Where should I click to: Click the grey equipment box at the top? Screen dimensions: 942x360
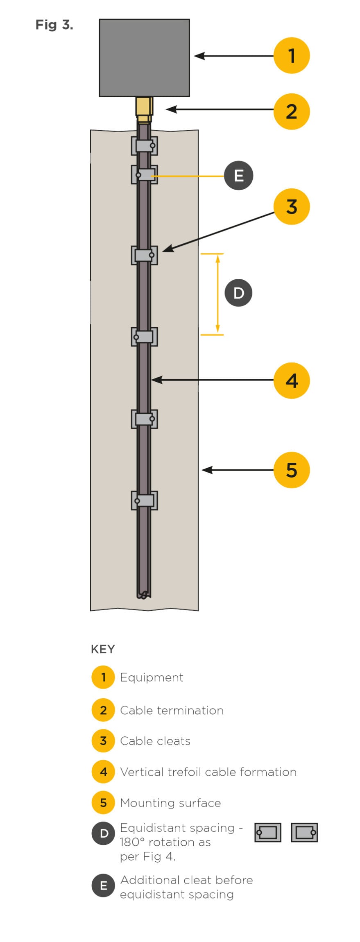pyautogui.click(x=144, y=58)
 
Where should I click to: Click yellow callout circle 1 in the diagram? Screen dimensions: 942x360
pyautogui.click(x=291, y=56)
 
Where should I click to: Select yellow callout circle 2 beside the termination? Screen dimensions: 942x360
pyautogui.click(x=291, y=112)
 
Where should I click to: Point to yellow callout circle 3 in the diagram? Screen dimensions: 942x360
pyautogui.click(x=291, y=207)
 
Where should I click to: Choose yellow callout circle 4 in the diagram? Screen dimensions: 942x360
pyautogui.click(x=291, y=380)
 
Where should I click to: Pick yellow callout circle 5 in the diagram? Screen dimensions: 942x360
pyautogui.click(x=291, y=470)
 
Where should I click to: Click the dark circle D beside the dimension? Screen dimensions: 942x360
pyautogui.click(x=238, y=293)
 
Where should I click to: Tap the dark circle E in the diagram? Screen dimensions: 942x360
pyautogui.click(x=238, y=176)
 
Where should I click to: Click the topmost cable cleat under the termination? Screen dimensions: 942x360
pyautogui.click(x=144, y=146)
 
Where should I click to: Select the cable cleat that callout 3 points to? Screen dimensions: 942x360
pyautogui.click(x=144, y=255)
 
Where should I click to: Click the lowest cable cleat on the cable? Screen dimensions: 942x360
pyautogui.click(x=144, y=500)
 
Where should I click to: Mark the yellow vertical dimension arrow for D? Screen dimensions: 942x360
pyautogui.click(x=217, y=294)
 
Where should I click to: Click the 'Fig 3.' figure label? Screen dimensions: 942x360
pyautogui.click(x=54, y=25)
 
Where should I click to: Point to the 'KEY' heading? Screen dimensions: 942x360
pyautogui.click(x=103, y=649)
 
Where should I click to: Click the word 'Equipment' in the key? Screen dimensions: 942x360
pyautogui.click(x=152, y=677)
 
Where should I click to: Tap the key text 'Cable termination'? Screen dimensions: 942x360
pyautogui.click(x=172, y=710)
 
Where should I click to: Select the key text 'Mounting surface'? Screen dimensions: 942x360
pyautogui.click(x=170, y=803)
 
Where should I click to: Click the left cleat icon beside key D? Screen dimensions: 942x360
pyautogui.click(x=268, y=832)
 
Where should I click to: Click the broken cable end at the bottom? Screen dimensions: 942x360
pyautogui.click(x=144, y=595)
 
